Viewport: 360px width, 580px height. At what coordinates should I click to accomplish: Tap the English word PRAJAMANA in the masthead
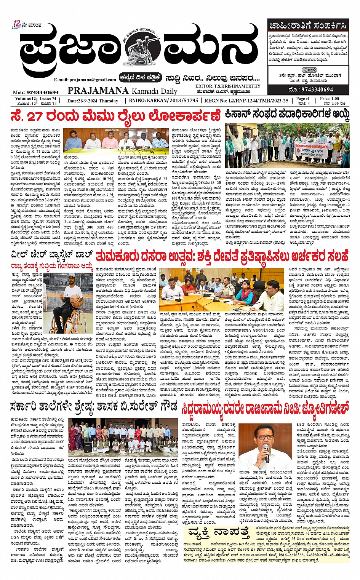click(x=98, y=91)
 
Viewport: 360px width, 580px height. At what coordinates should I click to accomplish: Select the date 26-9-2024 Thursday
click(x=93, y=101)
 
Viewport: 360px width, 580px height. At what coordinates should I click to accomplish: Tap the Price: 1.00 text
click(x=330, y=98)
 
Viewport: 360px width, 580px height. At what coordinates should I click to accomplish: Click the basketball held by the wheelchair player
click(x=75, y=299)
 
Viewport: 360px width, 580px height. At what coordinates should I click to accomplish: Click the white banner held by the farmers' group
click(x=312, y=150)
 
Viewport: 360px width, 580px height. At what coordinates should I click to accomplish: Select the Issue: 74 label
click(x=48, y=98)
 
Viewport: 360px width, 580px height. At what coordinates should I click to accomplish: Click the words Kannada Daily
click(x=154, y=91)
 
